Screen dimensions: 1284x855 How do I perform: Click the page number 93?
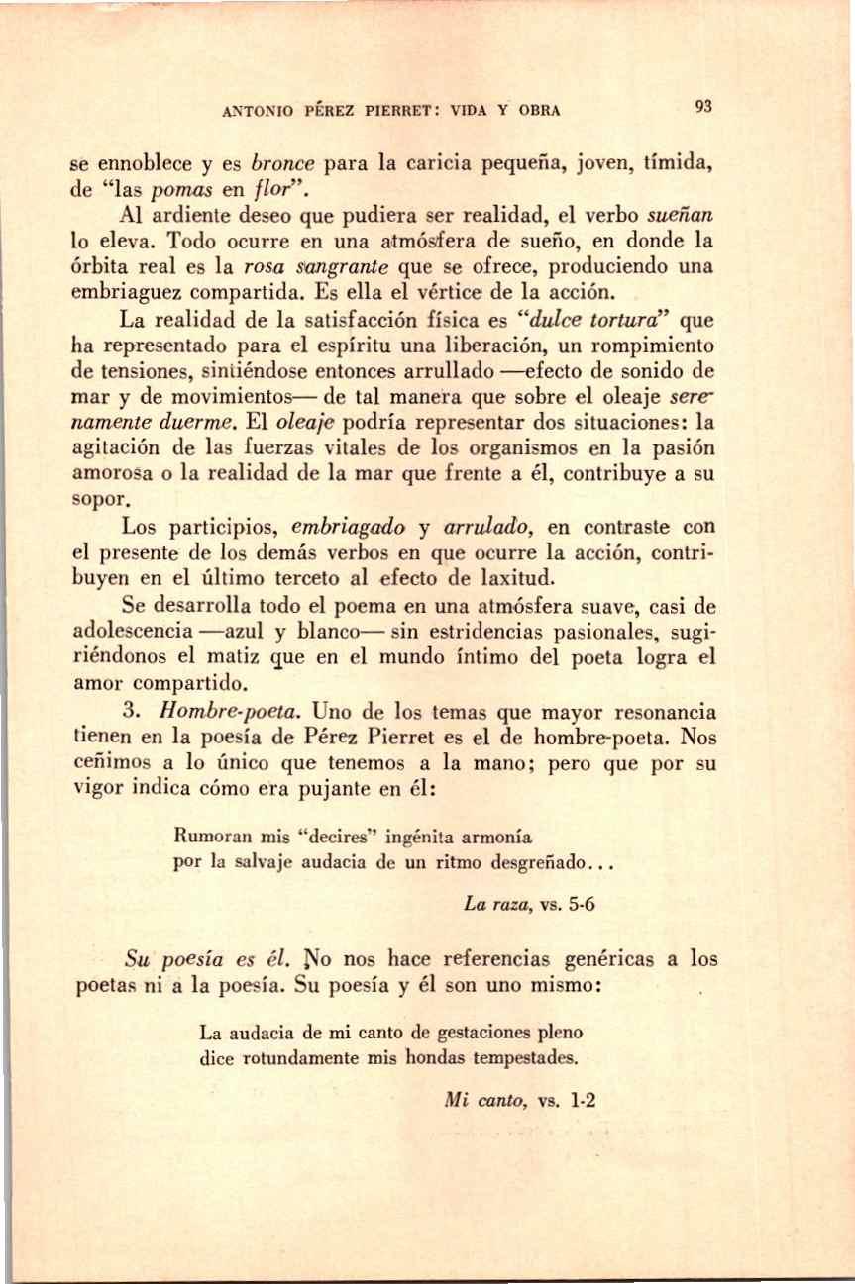(x=704, y=107)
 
